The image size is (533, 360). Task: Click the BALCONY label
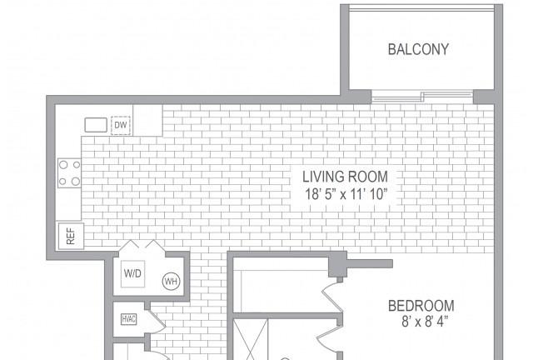click(418, 49)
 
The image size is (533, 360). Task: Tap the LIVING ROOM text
click(345, 177)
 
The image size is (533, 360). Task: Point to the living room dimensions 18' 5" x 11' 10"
click(346, 195)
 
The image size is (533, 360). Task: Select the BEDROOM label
click(421, 306)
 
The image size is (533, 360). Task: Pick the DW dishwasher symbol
click(121, 125)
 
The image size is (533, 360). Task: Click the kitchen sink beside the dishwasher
click(96, 125)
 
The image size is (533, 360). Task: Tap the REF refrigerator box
click(71, 236)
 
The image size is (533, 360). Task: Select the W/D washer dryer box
click(132, 273)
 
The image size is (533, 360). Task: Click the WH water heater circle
click(171, 282)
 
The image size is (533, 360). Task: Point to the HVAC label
click(129, 319)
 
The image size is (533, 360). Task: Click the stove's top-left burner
click(63, 165)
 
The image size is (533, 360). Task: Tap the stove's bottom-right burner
click(76, 182)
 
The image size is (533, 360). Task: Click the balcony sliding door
click(422, 97)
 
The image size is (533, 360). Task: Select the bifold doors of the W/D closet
click(142, 246)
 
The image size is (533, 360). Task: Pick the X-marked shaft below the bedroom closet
click(251, 339)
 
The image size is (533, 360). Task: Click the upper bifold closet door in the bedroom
click(332, 296)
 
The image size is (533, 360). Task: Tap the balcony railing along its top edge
click(422, 9)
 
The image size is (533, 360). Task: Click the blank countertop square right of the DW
click(147, 120)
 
